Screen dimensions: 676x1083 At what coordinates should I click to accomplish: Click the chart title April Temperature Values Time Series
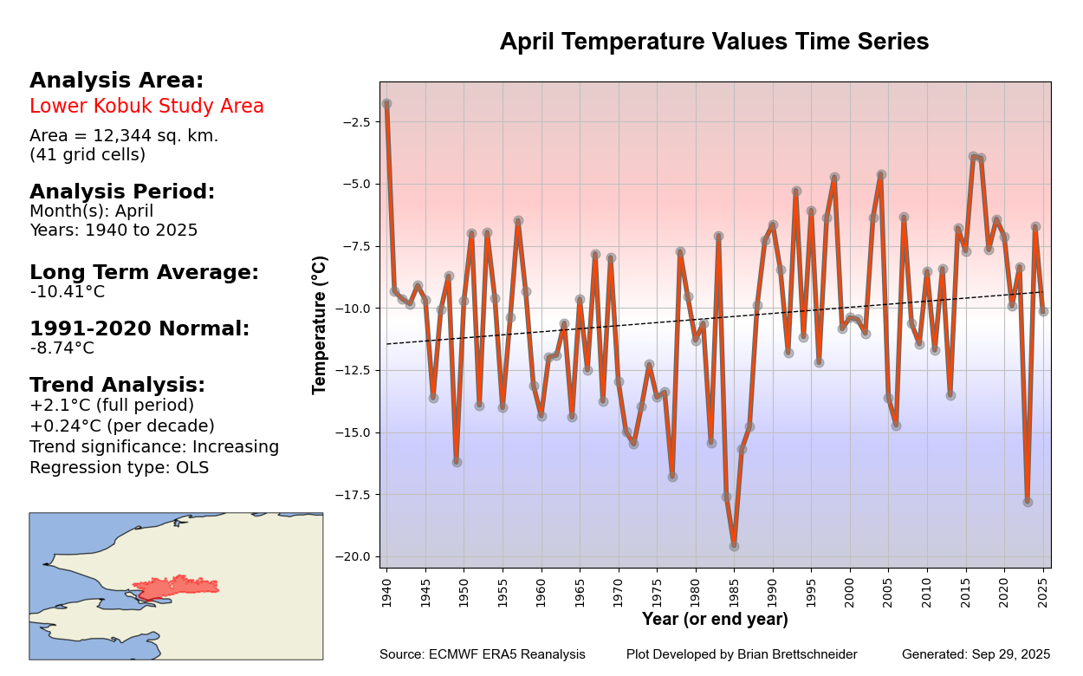coord(714,42)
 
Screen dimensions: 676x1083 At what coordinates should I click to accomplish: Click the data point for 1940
coord(386,104)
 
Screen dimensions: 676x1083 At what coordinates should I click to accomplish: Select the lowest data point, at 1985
coord(734,546)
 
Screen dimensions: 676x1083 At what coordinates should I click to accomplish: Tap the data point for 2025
coord(1043,311)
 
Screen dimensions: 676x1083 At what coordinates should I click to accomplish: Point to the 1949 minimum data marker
coord(457,462)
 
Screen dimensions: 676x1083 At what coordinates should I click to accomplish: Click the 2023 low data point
coord(1028,502)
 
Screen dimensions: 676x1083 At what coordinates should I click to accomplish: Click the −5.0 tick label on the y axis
coord(357,184)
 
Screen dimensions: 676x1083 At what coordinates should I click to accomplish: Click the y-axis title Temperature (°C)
coord(320,325)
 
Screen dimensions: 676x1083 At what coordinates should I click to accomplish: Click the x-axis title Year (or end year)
coord(715,620)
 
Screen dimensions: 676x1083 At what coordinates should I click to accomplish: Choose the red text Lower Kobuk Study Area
coord(146,107)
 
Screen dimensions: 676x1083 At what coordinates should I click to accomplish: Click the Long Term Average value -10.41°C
coord(68,292)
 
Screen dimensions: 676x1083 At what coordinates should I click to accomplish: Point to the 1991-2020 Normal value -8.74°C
coord(62,348)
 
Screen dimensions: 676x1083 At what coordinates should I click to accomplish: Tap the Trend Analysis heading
coord(117,385)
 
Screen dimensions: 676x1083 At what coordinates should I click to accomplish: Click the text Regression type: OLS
coord(119,468)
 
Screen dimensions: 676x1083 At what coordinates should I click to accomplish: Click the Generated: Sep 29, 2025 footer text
coord(976,654)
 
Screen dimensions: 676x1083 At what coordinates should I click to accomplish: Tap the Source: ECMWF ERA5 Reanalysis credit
coord(482,654)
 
